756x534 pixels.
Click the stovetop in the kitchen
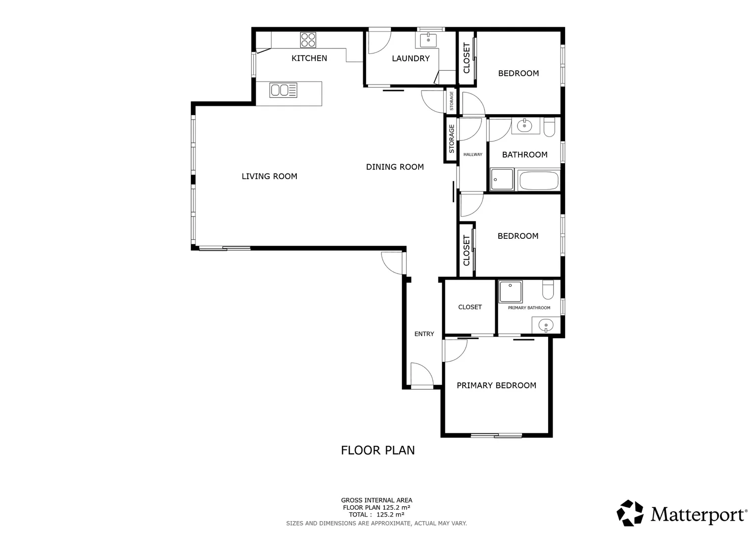(x=308, y=39)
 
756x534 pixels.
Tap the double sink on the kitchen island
(x=283, y=90)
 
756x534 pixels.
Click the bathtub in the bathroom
(x=539, y=180)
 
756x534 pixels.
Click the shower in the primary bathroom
(x=510, y=292)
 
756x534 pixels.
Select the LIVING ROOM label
(x=269, y=176)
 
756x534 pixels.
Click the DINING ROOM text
(x=395, y=167)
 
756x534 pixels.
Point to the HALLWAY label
(x=472, y=155)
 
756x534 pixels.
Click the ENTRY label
(x=424, y=334)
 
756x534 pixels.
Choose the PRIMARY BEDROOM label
(x=496, y=386)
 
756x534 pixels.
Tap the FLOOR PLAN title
(x=378, y=450)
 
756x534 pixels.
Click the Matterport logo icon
(x=630, y=513)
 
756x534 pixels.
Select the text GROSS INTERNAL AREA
(x=377, y=500)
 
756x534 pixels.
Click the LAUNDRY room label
(x=411, y=58)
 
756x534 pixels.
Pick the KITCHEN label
(x=309, y=58)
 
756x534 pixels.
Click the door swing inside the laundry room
(x=378, y=43)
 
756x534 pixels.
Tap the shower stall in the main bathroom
(x=502, y=179)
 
